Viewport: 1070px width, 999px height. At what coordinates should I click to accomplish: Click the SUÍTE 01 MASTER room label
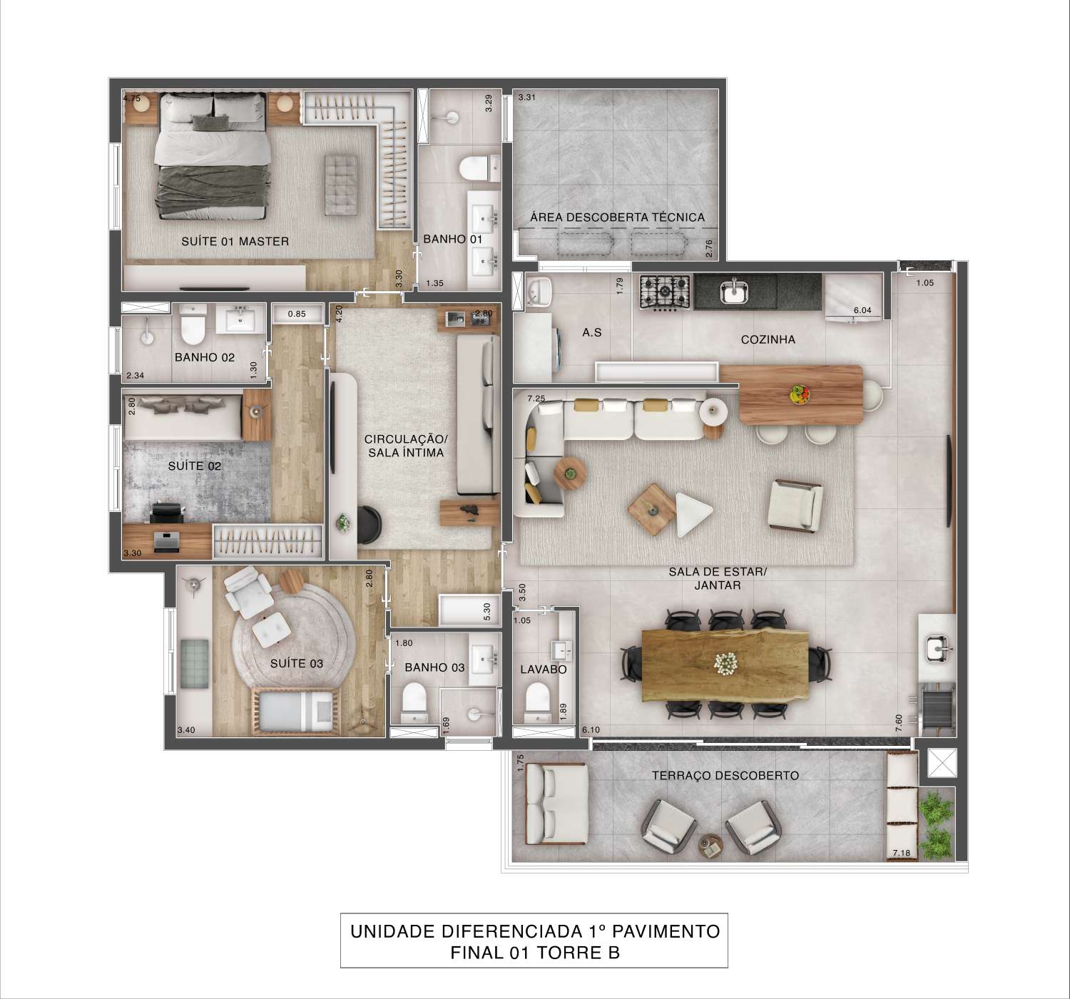tap(235, 241)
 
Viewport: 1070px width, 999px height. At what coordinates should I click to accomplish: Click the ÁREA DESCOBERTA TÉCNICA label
tap(616, 217)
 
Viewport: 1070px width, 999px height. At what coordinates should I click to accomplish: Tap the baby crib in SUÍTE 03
tap(297, 710)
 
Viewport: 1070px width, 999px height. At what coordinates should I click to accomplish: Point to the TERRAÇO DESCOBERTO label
tap(725, 775)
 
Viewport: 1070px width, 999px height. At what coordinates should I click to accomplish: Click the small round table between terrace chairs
tap(710, 846)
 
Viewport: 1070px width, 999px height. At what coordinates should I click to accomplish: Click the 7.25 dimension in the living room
tap(536, 398)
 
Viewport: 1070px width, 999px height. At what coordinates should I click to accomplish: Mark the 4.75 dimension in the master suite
tap(132, 99)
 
